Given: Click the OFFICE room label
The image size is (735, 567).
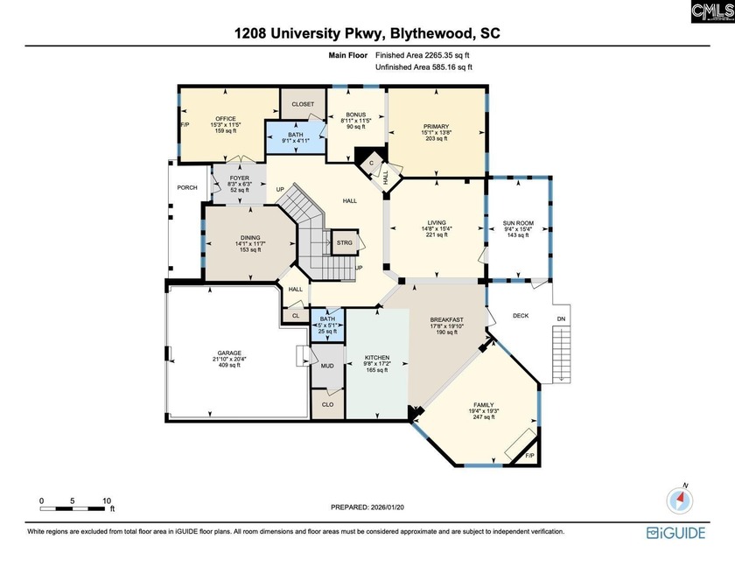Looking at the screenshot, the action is coord(226,118).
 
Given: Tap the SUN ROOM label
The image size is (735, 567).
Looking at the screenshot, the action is coord(518,223).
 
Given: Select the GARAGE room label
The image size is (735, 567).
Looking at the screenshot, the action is coord(229,353).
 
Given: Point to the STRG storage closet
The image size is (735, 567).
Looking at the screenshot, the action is coord(345,242).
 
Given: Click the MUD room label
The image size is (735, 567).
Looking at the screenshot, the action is coord(327,366).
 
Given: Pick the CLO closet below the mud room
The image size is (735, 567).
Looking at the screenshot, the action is coord(327,404).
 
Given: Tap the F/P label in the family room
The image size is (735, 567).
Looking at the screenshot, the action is coord(529,456).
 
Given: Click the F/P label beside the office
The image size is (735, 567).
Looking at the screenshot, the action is coord(185,124).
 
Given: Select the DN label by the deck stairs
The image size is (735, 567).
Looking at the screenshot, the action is coord(561,318).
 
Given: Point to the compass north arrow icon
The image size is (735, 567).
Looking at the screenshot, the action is coord(680,500).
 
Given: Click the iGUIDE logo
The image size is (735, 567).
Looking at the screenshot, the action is coord(675,533).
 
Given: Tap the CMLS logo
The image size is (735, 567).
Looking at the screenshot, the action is coord(712,11).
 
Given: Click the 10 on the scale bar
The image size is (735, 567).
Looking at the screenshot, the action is coord(107,500).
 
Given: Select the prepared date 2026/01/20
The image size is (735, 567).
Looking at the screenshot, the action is coord(387,507).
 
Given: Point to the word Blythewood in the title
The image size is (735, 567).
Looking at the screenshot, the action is coord(432,33).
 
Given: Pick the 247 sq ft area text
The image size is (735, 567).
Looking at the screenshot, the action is coord(483,416).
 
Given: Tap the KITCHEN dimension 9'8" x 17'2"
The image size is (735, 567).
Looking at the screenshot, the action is coord(377,363).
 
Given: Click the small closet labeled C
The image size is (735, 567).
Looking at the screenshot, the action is coord(371,163).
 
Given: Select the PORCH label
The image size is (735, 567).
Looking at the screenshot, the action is coord(187,187).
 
